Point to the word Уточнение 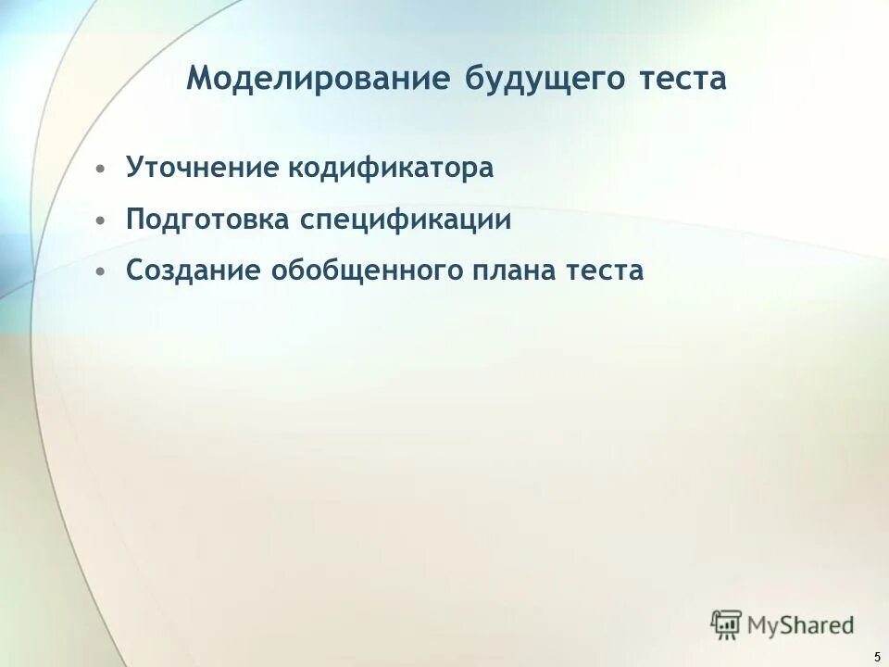pyautogui.click(x=202, y=169)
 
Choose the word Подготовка pyautogui.click(x=207, y=220)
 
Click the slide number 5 pyautogui.click(x=876, y=657)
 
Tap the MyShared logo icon pyautogui.click(x=727, y=623)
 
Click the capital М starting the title pyautogui.click(x=200, y=77)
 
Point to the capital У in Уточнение pyautogui.click(x=133, y=169)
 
